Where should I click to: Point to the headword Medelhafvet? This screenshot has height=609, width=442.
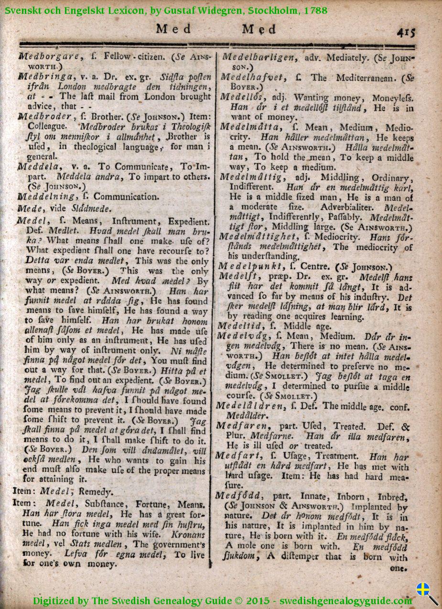[x=252, y=77]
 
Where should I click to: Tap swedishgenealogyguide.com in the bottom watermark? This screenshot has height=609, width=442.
[x=345, y=601]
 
